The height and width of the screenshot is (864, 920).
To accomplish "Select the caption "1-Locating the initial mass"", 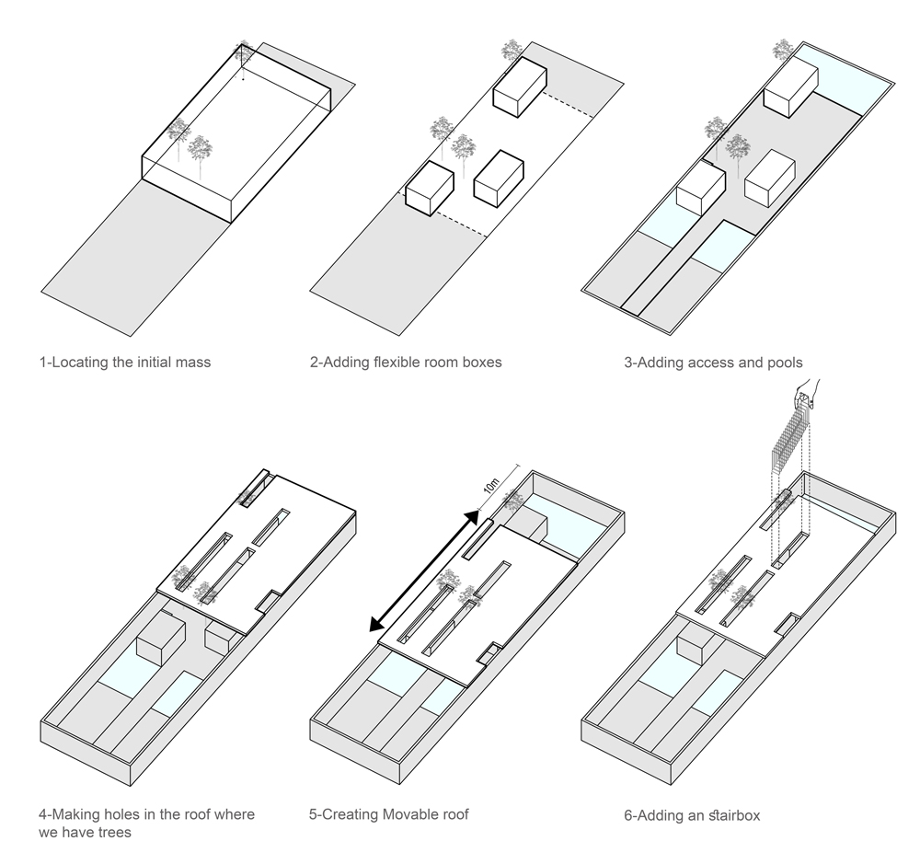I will (x=125, y=362).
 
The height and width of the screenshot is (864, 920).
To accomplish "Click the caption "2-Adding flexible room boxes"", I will (x=406, y=362).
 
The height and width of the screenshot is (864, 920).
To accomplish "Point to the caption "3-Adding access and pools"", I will (x=712, y=363).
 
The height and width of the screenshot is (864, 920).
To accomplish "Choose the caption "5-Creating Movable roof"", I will (x=389, y=814).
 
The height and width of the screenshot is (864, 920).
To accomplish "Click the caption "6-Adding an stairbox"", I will (x=692, y=815).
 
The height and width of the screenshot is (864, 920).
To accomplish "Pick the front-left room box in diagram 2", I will (x=430, y=189).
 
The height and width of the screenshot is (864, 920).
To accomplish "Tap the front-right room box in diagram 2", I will (x=498, y=178).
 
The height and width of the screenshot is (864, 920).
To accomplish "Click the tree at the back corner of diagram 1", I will (x=243, y=54).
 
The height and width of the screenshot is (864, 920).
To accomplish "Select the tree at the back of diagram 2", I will (x=512, y=51).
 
